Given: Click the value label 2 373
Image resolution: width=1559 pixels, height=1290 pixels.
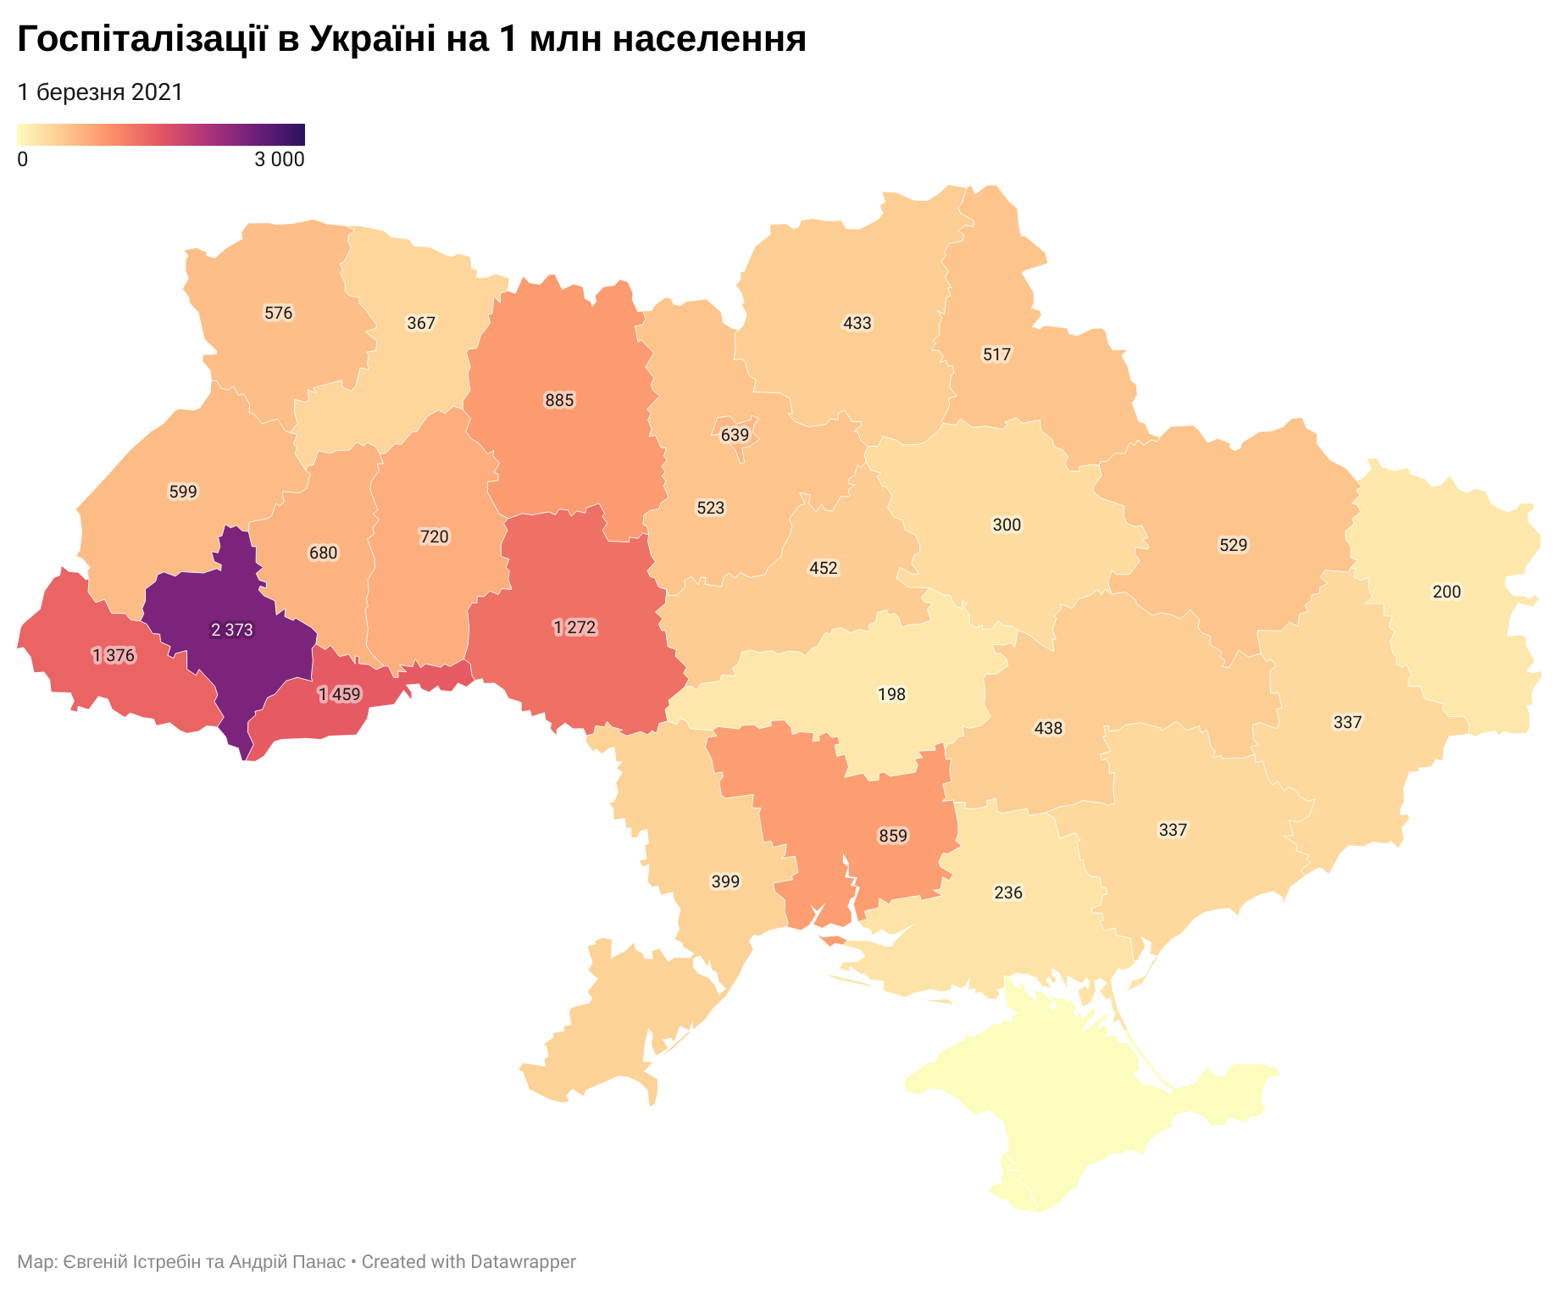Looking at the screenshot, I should pos(231,630).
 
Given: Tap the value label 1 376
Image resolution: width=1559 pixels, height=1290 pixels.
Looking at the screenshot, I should pos(114,655).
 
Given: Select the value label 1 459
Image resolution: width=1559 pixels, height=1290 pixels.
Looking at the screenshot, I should pos(339,695).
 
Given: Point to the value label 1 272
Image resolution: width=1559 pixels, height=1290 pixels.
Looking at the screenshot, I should pos(574,628).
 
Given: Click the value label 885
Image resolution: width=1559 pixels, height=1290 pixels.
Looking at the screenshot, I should pos(559,400).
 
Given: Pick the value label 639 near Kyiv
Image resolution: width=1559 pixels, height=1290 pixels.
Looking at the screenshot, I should pos(735,435).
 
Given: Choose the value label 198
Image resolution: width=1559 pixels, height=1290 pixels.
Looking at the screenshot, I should pos(891,694).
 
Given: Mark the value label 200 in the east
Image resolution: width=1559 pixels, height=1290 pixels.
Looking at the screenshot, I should pos(1446,592).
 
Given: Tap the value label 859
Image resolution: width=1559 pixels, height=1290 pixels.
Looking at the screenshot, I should pos(892,836).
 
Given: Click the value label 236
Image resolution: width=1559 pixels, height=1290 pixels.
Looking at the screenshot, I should pos(1007,892).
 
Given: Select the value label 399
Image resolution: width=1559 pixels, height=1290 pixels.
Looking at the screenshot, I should pos(725,881).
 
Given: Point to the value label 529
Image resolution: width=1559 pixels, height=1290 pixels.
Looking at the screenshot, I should pos(1233,545).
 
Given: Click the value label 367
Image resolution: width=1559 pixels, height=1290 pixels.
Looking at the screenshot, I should pos(421,323).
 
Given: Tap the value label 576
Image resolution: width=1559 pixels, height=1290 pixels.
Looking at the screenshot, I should pos(278,313).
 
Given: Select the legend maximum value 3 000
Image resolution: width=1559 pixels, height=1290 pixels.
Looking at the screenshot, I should pos(279,159).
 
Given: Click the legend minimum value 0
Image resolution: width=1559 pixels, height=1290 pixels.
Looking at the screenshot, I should pos(22,159).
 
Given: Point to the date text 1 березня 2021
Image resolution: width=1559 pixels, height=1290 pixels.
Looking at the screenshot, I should pos(100,92).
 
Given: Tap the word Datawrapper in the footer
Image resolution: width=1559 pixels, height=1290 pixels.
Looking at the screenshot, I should pos(523,1261).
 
